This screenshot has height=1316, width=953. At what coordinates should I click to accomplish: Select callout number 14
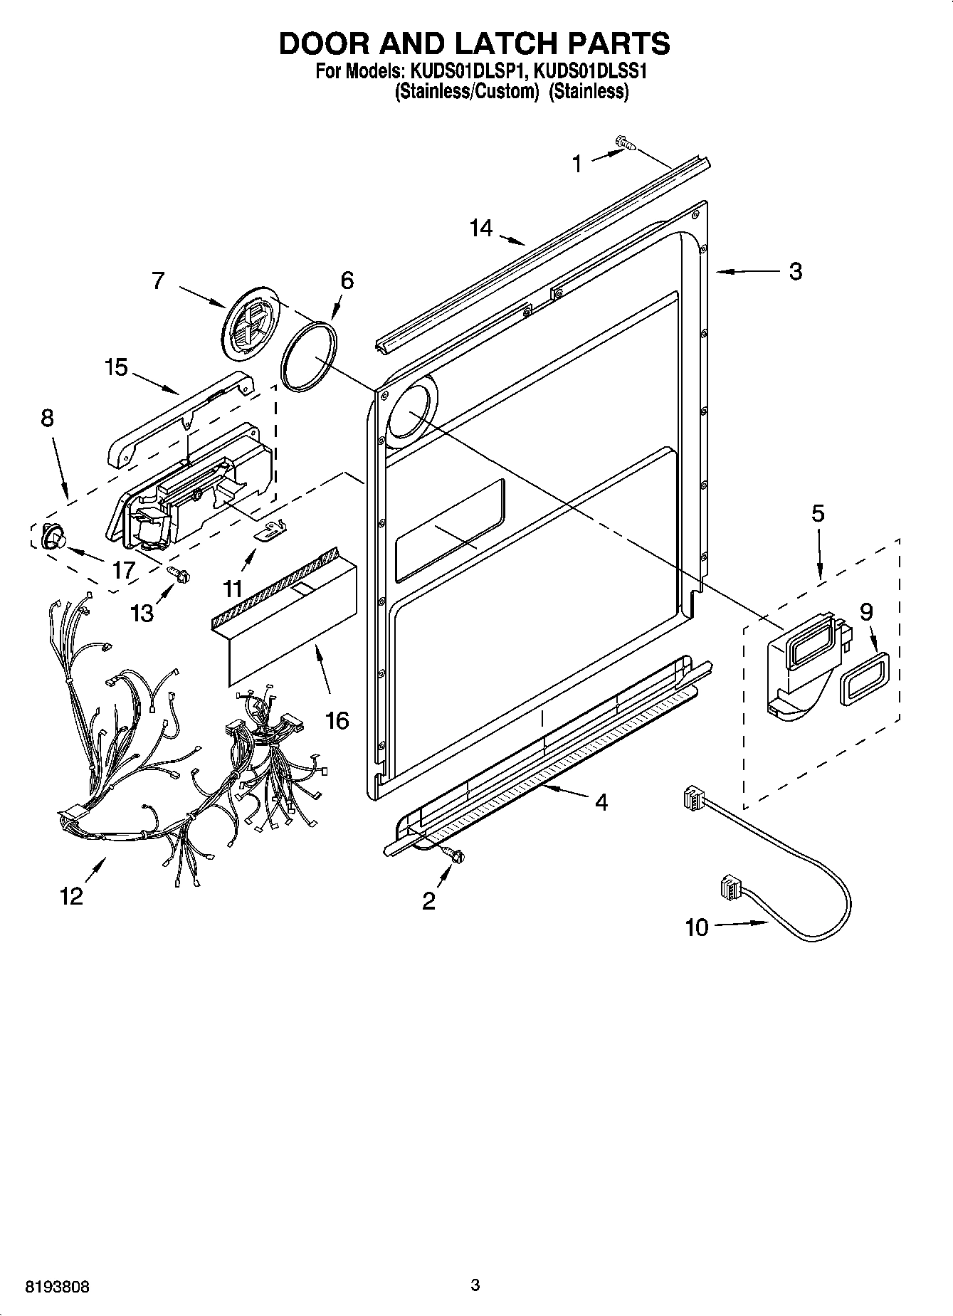pyautogui.click(x=480, y=228)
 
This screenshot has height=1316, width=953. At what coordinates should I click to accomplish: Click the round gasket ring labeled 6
pyautogui.click(x=308, y=356)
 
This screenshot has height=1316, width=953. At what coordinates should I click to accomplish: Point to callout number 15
pyautogui.click(x=115, y=367)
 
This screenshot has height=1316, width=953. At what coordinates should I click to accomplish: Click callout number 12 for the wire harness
pyautogui.click(x=71, y=895)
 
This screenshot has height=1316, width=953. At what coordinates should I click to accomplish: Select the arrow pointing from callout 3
pyautogui.click(x=744, y=271)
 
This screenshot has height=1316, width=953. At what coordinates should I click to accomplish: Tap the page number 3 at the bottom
pyautogui.click(x=475, y=1285)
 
